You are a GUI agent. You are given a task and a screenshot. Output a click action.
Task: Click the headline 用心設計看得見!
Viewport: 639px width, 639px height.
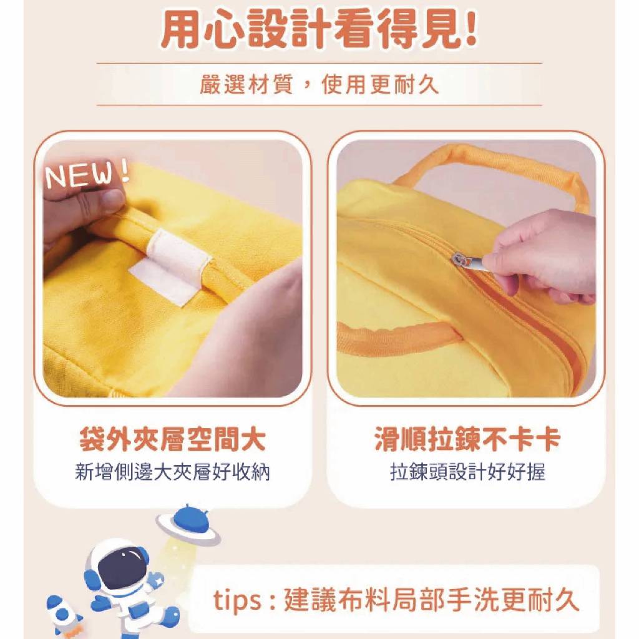tap(319, 29)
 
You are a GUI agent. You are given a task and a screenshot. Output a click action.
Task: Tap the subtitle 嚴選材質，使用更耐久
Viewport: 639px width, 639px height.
tap(319, 85)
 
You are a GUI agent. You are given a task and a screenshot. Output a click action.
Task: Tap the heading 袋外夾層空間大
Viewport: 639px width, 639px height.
tap(172, 440)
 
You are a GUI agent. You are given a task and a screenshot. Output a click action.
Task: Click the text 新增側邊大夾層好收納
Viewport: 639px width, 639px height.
tap(172, 473)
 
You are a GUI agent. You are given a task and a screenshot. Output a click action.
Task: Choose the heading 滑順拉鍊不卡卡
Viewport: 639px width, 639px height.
tap(467, 440)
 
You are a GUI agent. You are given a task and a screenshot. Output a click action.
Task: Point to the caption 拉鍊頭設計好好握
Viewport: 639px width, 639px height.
tap(467, 473)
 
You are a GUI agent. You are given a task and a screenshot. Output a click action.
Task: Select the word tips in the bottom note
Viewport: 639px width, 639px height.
tap(237, 600)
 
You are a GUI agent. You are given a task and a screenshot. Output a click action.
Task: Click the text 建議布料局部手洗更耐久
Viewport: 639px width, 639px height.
tap(431, 600)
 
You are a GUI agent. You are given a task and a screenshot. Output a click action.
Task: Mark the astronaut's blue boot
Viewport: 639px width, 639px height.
tap(170, 615)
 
